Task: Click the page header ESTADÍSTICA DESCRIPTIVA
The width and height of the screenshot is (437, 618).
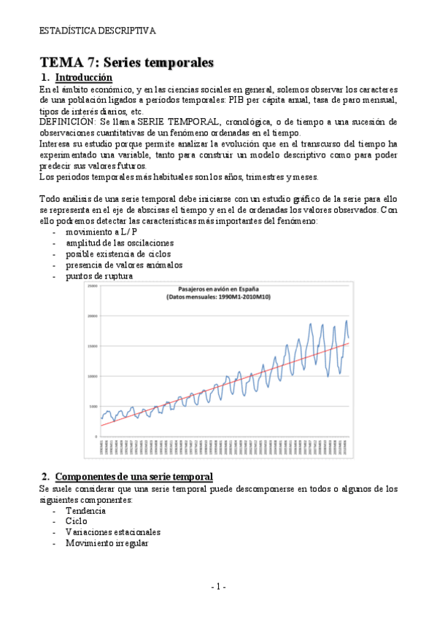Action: [x=97, y=31]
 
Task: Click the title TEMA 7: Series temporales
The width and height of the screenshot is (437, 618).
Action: [x=126, y=63]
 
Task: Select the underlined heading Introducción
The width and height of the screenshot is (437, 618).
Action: [x=84, y=77]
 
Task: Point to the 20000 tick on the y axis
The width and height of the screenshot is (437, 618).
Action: [x=92, y=316]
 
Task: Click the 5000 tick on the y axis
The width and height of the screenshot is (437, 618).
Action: [x=93, y=406]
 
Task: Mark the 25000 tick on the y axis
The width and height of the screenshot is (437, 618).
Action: [x=92, y=286]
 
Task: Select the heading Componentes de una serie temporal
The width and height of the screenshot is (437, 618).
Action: [x=134, y=477]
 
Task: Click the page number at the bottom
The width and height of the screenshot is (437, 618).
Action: [x=218, y=587]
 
